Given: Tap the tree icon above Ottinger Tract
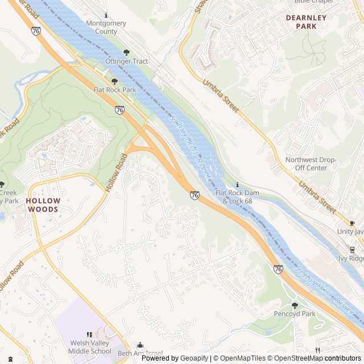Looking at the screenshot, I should (126, 52).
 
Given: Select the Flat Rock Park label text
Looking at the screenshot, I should (114, 90).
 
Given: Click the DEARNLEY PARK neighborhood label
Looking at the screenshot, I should (306, 22).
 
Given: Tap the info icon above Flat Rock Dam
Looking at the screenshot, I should (237, 185).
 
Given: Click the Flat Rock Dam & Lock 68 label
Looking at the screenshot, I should (237, 197).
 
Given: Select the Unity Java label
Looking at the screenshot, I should (349, 231).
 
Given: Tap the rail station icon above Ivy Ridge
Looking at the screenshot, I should (352, 250).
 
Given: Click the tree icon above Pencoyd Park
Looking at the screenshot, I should (294, 305).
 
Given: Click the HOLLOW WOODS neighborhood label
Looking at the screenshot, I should (43, 205).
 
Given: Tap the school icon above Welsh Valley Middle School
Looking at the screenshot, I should (89, 335).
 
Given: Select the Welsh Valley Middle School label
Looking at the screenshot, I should (91, 347).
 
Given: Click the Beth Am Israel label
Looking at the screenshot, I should (140, 354).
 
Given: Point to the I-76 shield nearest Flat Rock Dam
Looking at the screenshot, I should (195, 195).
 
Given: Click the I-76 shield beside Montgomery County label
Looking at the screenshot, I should (36, 31).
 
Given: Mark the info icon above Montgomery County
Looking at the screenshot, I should (106, 15).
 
